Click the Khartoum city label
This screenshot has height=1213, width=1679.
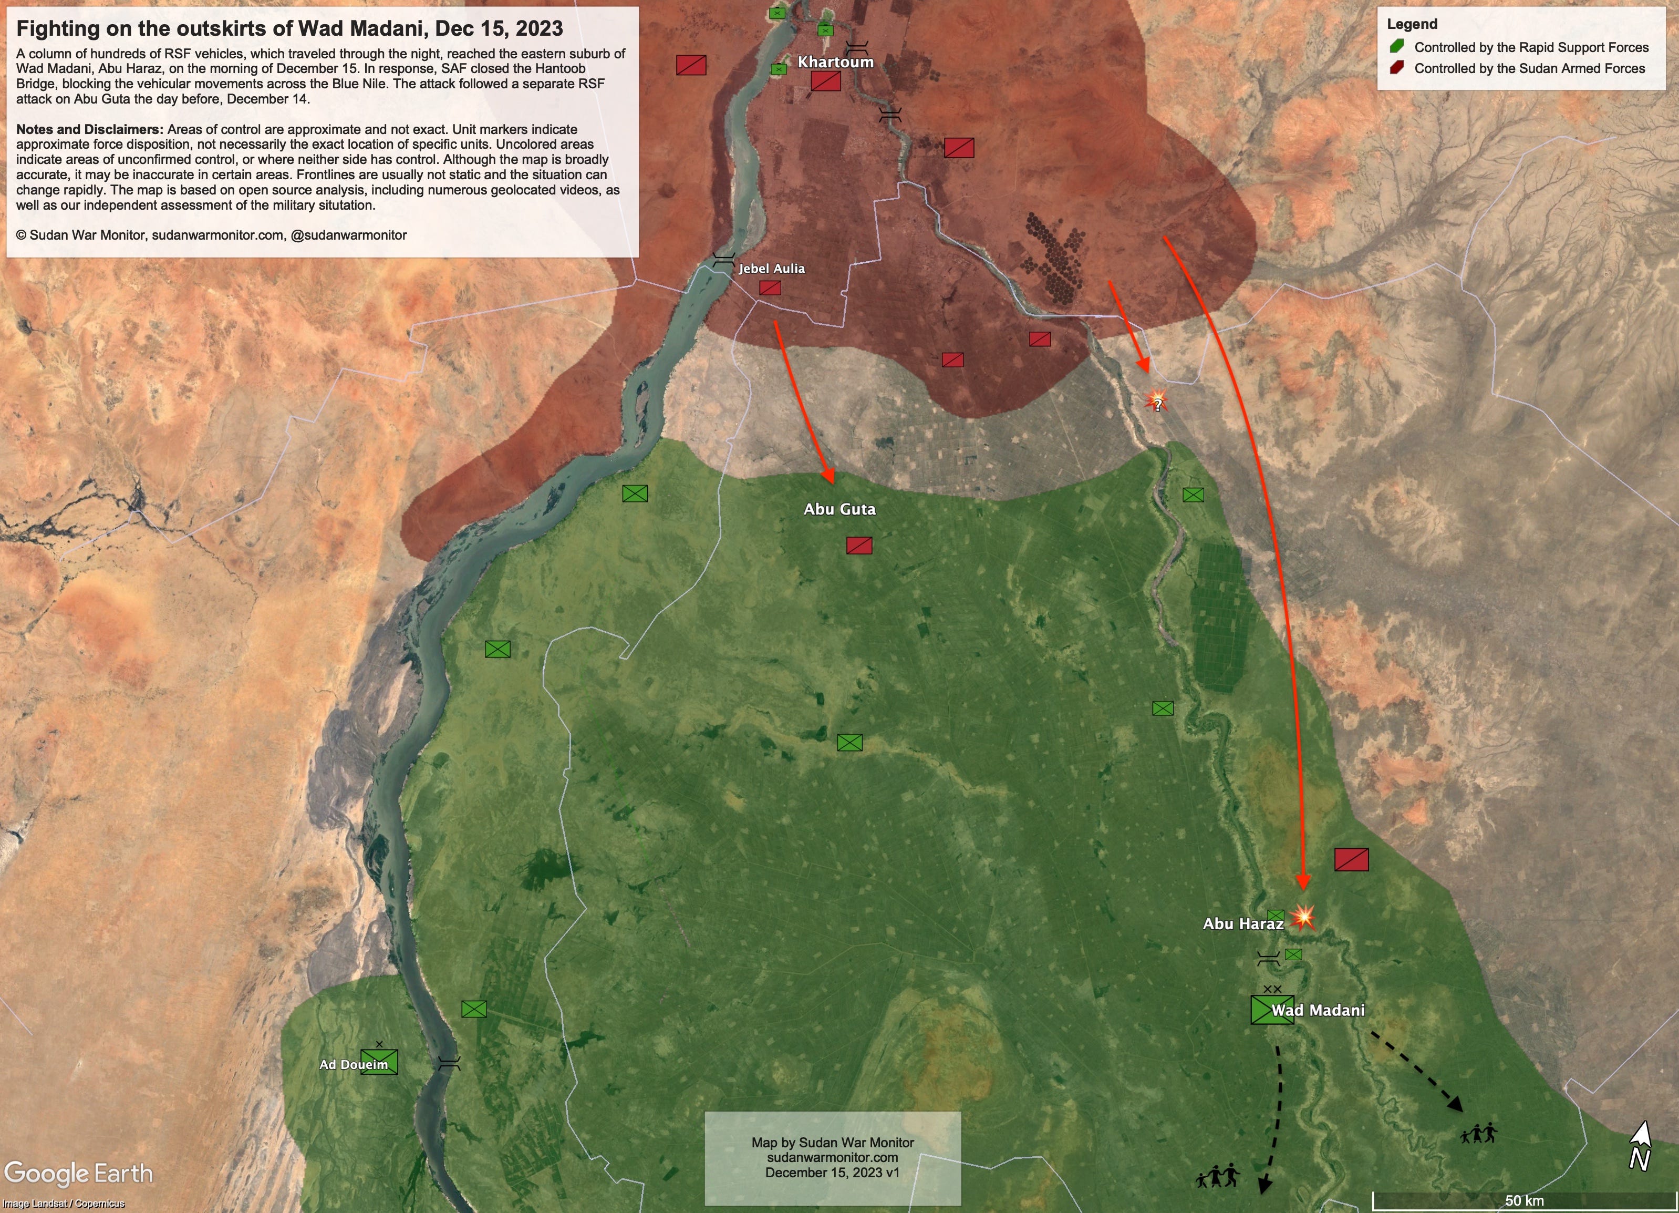(835, 62)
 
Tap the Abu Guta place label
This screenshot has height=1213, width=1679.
(839, 509)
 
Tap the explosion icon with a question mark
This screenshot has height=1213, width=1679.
(1156, 402)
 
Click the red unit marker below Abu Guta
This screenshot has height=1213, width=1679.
(859, 546)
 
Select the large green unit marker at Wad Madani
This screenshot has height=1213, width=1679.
(1272, 1010)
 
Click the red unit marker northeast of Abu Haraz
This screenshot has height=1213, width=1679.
(1351, 860)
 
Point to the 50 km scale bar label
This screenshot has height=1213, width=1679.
(1523, 1200)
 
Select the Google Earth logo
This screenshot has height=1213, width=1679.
(78, 1174)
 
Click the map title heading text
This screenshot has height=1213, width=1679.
(289, 29)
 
